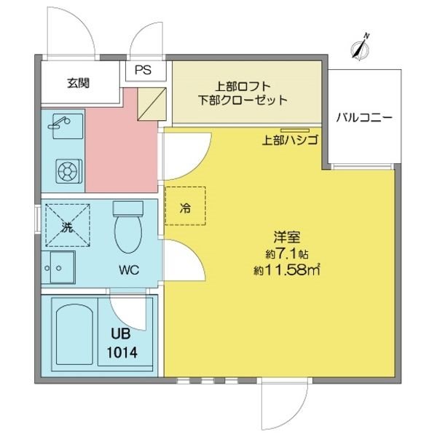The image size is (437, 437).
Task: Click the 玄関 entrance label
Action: point(79,83)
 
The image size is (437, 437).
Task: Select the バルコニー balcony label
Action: point(364,117)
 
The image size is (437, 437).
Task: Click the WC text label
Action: point(129,269)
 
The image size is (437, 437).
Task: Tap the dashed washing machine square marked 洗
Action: point(68,225)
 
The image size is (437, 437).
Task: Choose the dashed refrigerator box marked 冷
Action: point(185,206)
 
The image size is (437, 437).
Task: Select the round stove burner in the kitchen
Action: point(68,171)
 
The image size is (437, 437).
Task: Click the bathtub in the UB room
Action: point(74,334)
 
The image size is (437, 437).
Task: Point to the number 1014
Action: point(122,353)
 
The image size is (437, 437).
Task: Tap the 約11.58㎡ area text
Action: point(286,269)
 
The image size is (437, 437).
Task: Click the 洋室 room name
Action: point(287,237)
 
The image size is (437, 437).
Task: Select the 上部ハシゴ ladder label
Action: point(290,140)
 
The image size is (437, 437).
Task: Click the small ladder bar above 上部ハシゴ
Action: point(295,130)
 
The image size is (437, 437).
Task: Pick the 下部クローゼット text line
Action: point(243,100)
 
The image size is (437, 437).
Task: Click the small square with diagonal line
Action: point(152,104)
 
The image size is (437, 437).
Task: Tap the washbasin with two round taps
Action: point(58,267)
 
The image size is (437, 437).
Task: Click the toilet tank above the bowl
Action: point(128,208)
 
